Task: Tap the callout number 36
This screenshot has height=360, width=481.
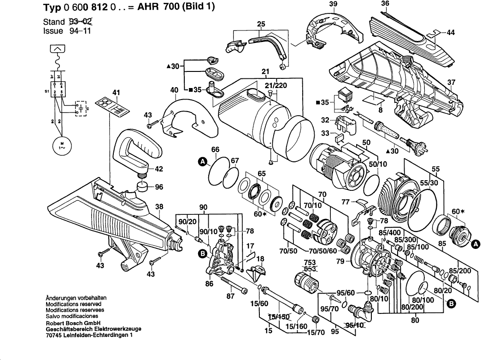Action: [x=385, y=4]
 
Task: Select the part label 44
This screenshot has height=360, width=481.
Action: [x=450, y=33]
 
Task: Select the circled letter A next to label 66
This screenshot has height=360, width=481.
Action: [x=202, y=161]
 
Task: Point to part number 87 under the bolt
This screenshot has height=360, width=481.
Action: [x=230, y=296]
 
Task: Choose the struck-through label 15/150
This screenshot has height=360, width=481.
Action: [x=279, y=317]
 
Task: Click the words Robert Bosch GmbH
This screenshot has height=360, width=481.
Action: [x=72, y=323]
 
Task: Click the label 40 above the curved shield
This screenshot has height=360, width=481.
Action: [x=175, y=90]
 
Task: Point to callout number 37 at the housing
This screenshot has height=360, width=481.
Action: [x=451, y=83]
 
